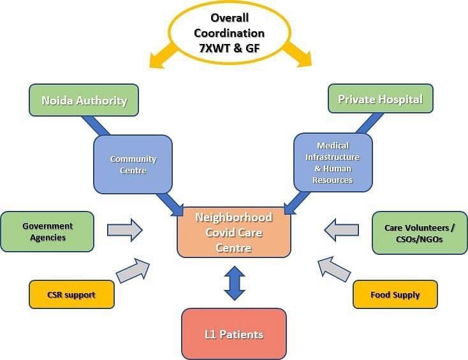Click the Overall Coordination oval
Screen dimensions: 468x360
click(230, 32)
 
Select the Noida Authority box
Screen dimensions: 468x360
click(84, 100)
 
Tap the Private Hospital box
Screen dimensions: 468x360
click(381, 99)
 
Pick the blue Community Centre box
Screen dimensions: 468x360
click(133, 164)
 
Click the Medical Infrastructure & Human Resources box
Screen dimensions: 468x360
click(333, 162)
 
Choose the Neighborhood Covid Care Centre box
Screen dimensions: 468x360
click(234, 233)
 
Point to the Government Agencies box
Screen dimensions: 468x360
click(47, 232)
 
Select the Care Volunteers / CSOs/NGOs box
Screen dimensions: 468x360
click(420, 233)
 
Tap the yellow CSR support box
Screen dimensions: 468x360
click(71, 294)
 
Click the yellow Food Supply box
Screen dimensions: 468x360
click(395, 294)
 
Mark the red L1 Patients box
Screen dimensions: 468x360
click(234, 334)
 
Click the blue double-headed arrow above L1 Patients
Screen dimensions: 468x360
click(235, 283)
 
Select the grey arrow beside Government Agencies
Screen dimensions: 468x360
click(125, 230)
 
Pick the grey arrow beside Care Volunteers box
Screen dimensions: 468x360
click(342, 230)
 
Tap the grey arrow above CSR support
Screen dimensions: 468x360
click(133, 270)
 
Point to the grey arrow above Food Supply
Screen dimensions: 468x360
click(333, 269)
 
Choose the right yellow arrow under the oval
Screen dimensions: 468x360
click(297, 55)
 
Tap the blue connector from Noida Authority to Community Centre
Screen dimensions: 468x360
click(96, 126)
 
